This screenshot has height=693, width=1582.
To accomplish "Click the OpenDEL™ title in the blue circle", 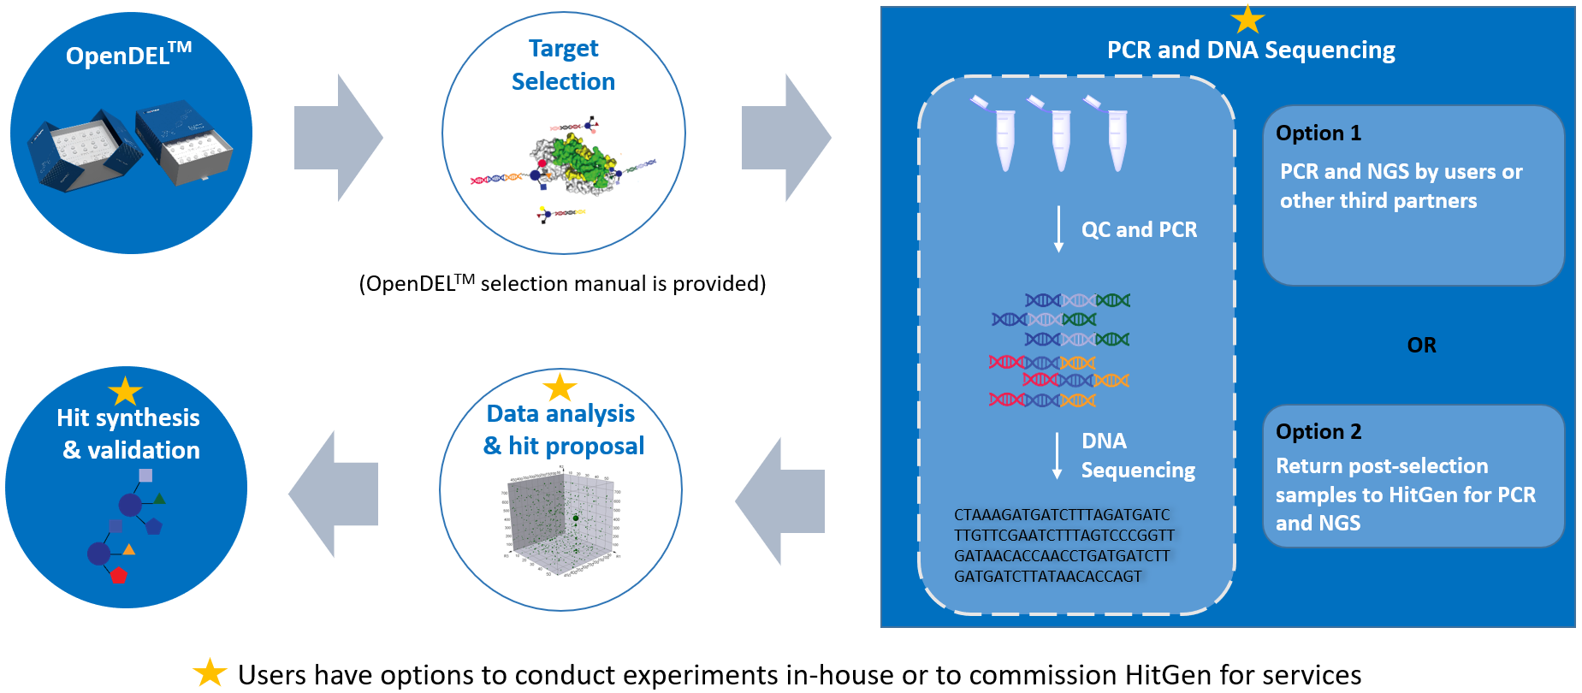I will pyautogui.click(x=128, y=56).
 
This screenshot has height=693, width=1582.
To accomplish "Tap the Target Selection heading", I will pyautogui.click(x=563, y=65).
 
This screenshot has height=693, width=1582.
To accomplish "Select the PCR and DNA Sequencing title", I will pyautogui.click(x=1250, y=50).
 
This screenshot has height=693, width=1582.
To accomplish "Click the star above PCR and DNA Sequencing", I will pyautogui.click(x=1247, y=20).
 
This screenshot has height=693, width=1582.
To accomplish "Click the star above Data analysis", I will pyautogui.click(x=560, y=388).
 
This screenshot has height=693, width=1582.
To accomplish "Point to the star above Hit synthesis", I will pyautogui.click(x=125, y=392).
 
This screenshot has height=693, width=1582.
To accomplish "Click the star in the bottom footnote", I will pyautogui.click(x=210, y=673).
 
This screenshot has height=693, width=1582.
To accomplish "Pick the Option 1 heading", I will pyautogui.click(x=1318, y=133).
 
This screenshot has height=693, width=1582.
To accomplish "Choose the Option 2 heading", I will pyautogui.click(x=1318, y=432).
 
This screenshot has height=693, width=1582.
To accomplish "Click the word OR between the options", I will pyautogui.click(x=1421, y=346).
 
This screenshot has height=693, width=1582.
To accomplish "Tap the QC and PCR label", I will pyautogui.click(x=1139, y=230).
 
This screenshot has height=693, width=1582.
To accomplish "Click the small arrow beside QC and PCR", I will pyautogui.click(x=1058, y=229).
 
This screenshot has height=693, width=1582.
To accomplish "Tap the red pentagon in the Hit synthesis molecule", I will pyautogui.click(x=118, y=575).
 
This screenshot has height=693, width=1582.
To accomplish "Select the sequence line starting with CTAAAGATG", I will pyautogui.click(x=1061, y=515).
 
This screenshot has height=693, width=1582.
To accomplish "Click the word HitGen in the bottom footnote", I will pyautogui.click(x=1169, y=675).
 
